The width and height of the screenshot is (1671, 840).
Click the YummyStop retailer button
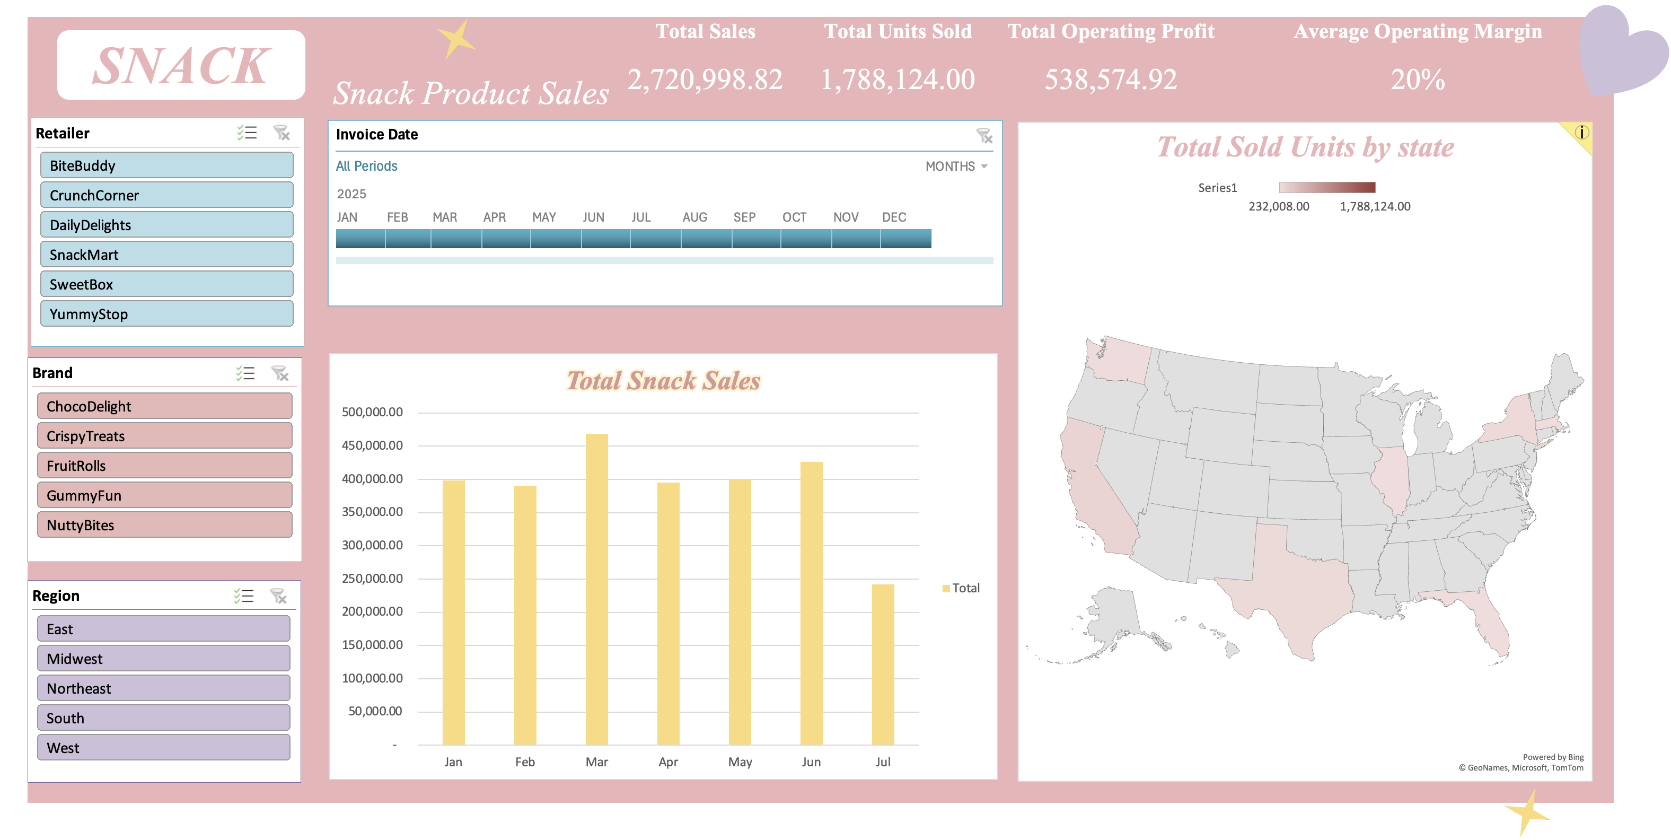166,314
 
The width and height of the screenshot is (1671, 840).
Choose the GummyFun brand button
165,495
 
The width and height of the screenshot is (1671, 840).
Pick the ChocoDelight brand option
165,406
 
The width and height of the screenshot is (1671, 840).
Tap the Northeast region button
163,688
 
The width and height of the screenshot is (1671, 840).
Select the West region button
163,748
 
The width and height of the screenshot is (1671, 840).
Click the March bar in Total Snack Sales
597,589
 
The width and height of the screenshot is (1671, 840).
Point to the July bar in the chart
883,664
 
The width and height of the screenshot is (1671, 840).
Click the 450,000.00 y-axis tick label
372,445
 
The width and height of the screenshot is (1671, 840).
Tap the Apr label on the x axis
668,762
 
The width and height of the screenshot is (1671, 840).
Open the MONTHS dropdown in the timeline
956,167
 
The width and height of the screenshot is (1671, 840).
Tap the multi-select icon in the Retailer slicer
247,133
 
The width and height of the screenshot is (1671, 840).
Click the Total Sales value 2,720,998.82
705,80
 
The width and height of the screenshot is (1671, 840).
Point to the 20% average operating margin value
1418,80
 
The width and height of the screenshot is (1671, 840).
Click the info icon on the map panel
1582,133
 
